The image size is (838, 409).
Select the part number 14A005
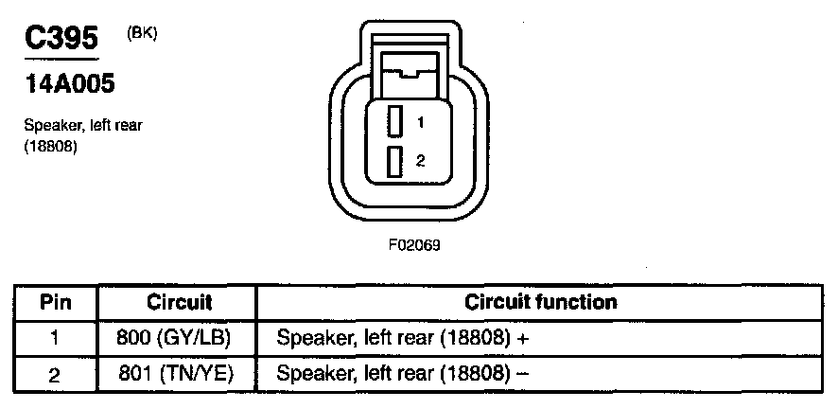click(68, 85)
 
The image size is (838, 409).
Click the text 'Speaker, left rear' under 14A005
click(83, 126)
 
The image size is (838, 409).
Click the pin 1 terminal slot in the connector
click(396, 121)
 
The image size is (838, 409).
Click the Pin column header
click(56, 303)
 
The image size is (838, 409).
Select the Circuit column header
click(179, 303)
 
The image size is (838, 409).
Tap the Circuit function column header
click(541, 303)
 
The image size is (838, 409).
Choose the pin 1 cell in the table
click(55, 338)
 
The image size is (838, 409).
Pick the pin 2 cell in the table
click(55, 374)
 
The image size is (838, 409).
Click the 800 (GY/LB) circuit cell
click(179, 338)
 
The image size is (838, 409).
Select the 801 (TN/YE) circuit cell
click(179, 374)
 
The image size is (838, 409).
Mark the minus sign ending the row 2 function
click(522, 373)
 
